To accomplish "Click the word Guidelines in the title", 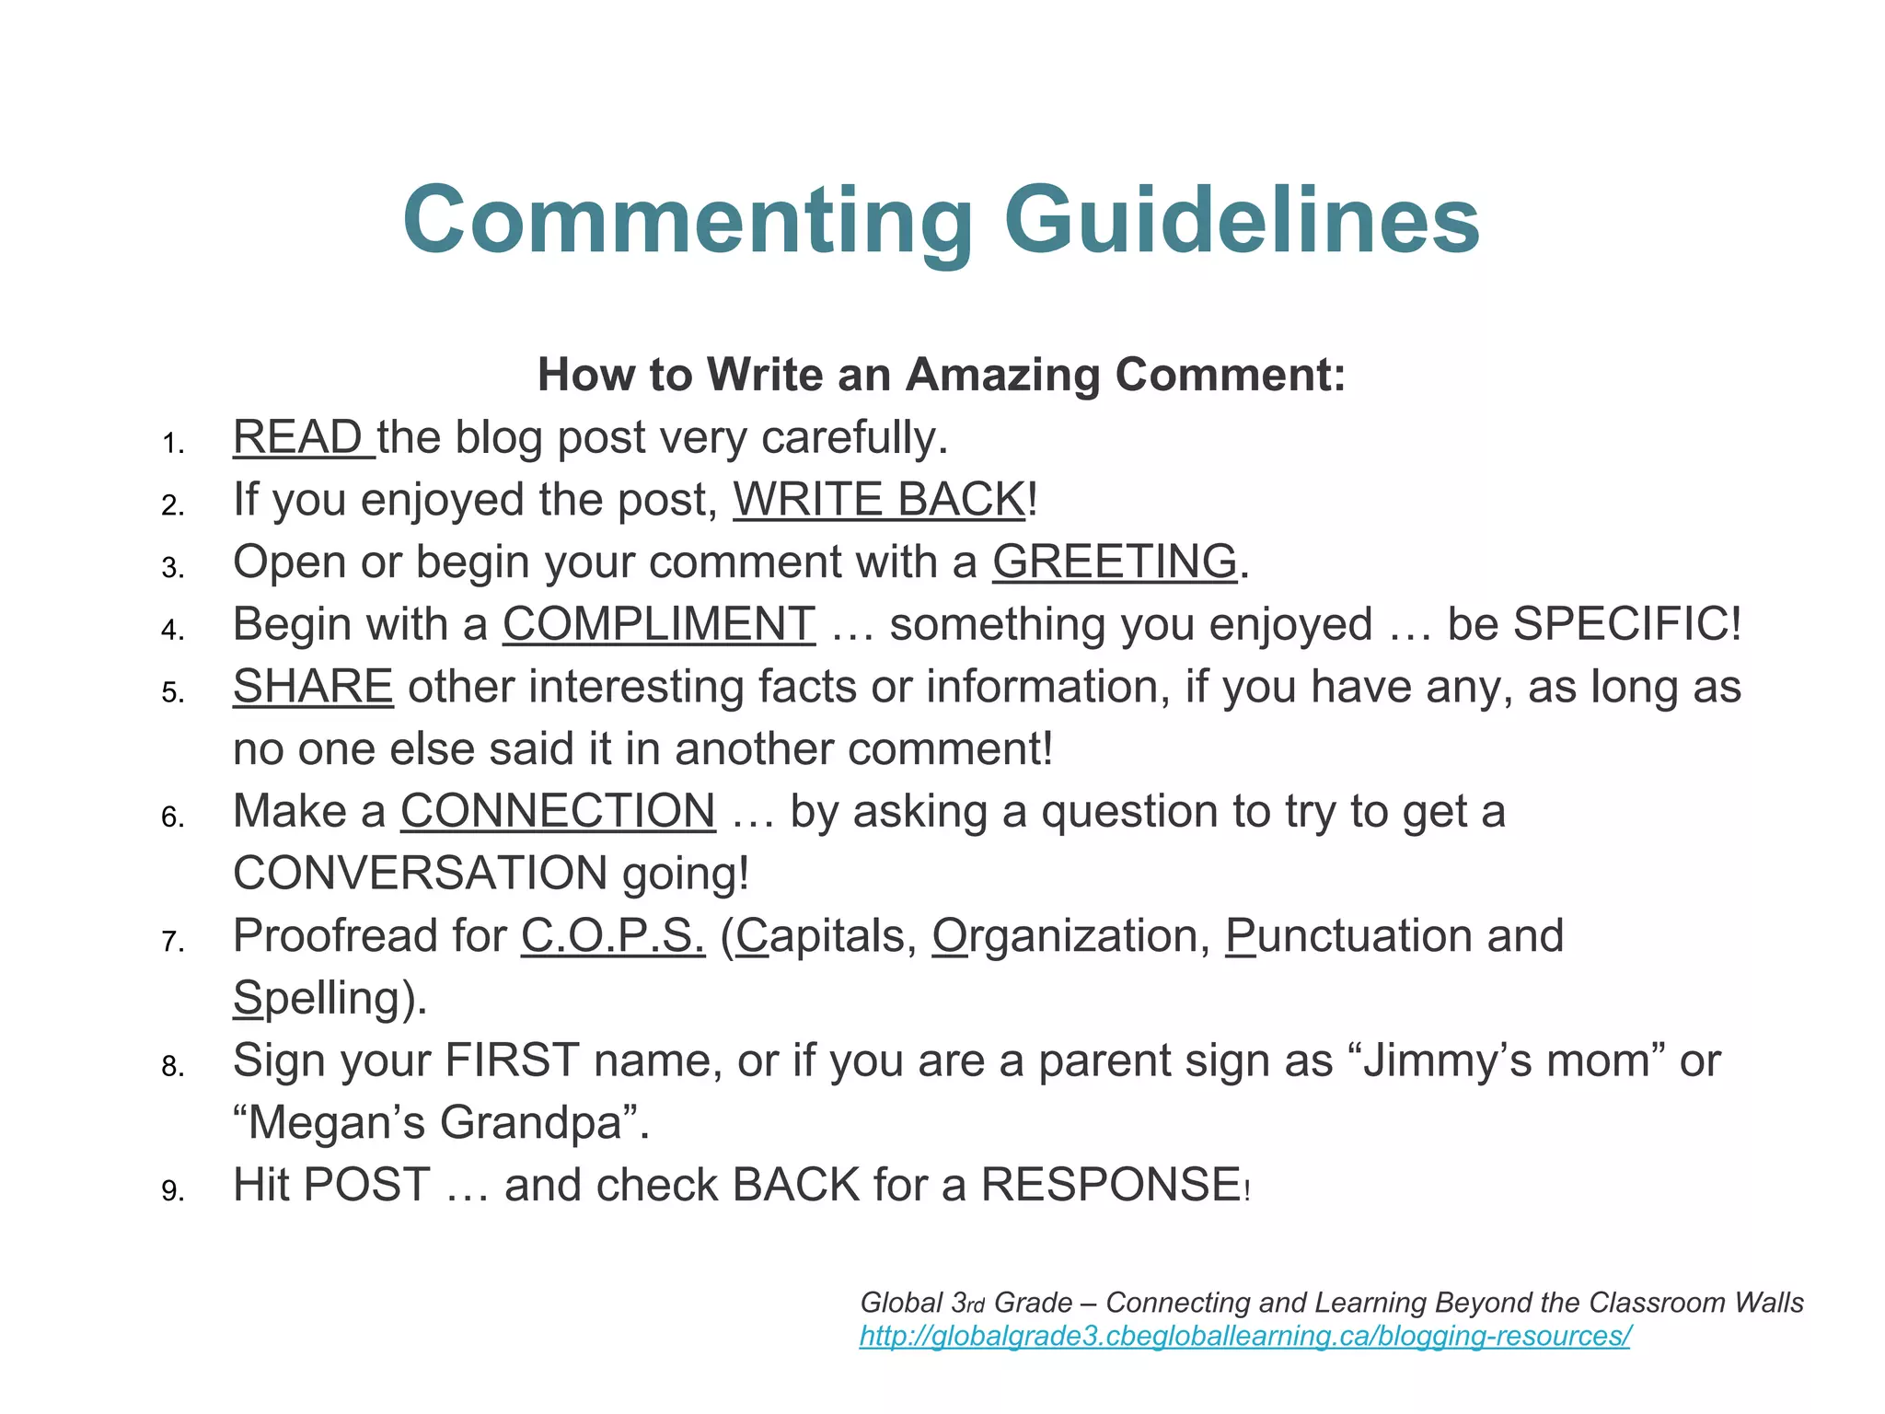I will pos(1242,221).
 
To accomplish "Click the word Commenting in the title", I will pos(687,221).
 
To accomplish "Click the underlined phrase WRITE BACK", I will pos(879,500).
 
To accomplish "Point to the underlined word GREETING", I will pos(1114,562).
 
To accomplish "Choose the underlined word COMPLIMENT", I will pos(658,624).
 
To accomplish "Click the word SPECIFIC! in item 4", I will pos(1626,624).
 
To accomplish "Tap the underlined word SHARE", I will pos(313,687).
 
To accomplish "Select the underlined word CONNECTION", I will pos(558,811).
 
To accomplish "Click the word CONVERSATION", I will pos(420,873).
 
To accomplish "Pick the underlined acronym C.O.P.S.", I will pos(613,936).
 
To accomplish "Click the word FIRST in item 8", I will pos(512,1060).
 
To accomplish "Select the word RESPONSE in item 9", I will pos(1110,1185).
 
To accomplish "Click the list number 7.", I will pos(172,942).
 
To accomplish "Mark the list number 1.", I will pos(172,444).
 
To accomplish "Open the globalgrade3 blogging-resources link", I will pos(1244,1336).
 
